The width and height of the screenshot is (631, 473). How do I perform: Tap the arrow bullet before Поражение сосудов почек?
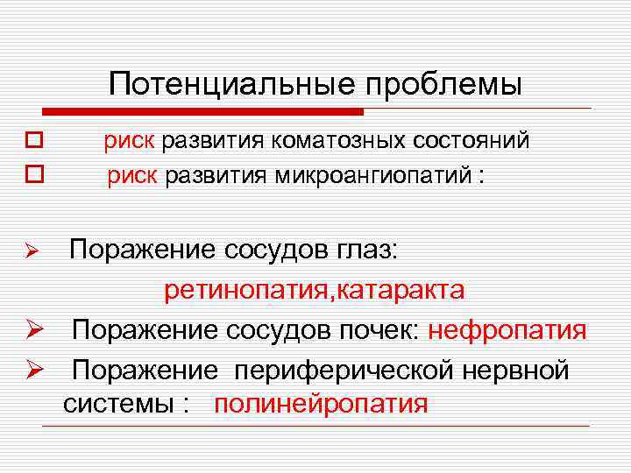pyautogui.click(x=33, y=331)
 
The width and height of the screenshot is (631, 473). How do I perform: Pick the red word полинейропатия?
pyautogui.click(x=321, y=405)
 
